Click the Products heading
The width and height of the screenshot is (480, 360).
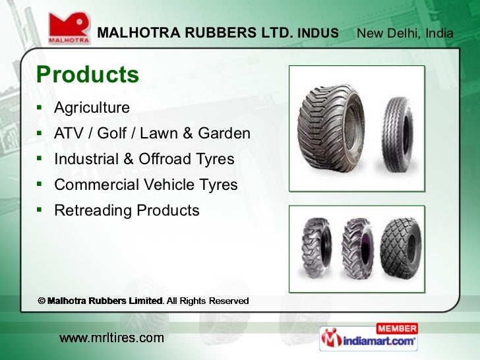point(88,75)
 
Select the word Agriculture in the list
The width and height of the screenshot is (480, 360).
point(92,107)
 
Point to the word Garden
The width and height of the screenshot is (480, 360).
point(224,134)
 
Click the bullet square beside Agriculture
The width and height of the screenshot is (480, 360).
point(40,107)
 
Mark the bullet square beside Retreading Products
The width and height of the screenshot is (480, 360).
point(40,210)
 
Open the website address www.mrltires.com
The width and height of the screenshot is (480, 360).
point(111,338)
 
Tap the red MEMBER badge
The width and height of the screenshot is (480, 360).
point(397,328)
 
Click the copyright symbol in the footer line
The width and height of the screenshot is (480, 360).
point(41,301)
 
